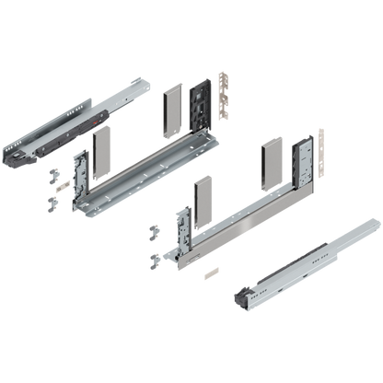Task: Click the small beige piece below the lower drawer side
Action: click(210, 273)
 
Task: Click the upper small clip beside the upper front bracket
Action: click(52, 170)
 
